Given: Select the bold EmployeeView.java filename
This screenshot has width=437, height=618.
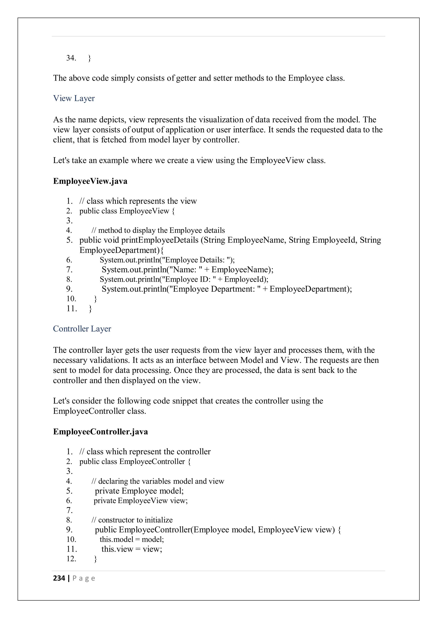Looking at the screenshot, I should coord(90,181).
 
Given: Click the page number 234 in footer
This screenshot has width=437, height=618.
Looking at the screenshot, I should coord(59,578).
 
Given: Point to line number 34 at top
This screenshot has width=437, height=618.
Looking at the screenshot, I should coord(71,58).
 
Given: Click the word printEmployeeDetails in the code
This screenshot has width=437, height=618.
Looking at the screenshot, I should coord(160,240).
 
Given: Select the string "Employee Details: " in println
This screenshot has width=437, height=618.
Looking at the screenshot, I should coord(198,260).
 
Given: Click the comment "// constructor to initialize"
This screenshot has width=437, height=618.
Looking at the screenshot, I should coord(132,520).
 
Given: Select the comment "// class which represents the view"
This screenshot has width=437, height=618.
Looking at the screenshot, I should coord(138,201).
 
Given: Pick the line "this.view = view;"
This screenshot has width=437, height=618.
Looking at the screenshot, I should coord(132,549).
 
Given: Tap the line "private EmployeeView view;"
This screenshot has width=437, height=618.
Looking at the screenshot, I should coord(140,500).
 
